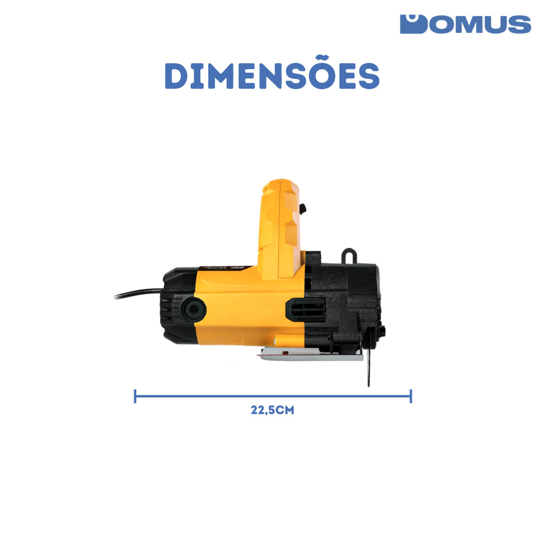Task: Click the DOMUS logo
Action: [465, 24]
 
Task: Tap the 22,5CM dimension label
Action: [272, 410]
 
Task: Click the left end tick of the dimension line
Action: [135, 396]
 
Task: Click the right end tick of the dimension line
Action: [411, 396]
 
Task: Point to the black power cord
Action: [138, 293]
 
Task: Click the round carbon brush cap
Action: [195, 309]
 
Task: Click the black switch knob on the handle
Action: [303, 208]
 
